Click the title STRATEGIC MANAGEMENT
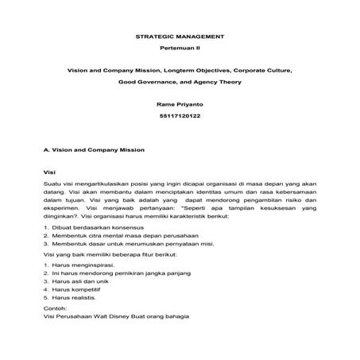(180, 37)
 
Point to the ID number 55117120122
(180, 117)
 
